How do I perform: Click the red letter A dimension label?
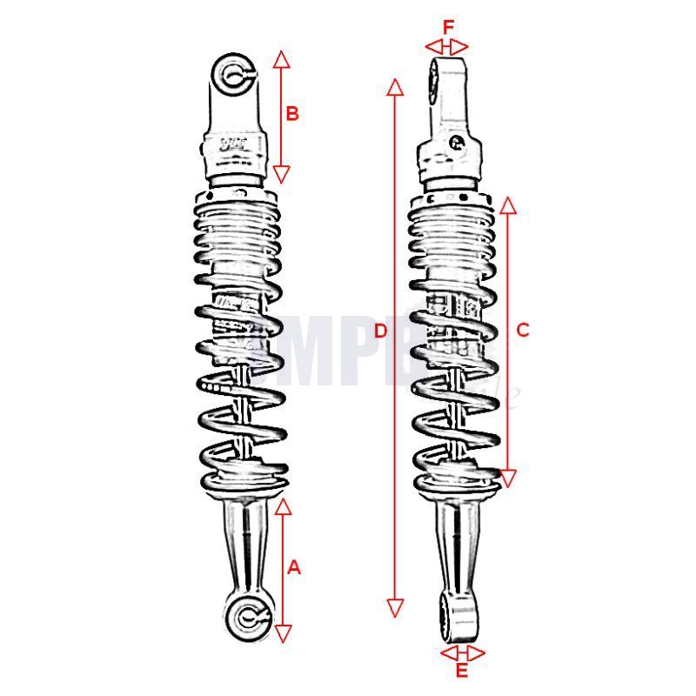pos(293,567)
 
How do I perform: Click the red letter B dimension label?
pos(292,113)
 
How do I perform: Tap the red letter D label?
pos(378,331)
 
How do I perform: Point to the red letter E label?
pos(462,670)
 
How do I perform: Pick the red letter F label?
pos(448,27)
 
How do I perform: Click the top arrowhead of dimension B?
pos(281,59)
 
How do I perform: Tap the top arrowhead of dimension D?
pos(395,86)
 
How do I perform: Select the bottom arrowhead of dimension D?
pos(395,607)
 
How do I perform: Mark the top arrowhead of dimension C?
pos(509,205)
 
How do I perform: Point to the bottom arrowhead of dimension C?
pos(509,476)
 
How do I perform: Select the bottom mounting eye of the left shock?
pos(245,617)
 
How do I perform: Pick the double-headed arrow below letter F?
pos(447,46)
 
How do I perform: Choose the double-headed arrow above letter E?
pos(462,652)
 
